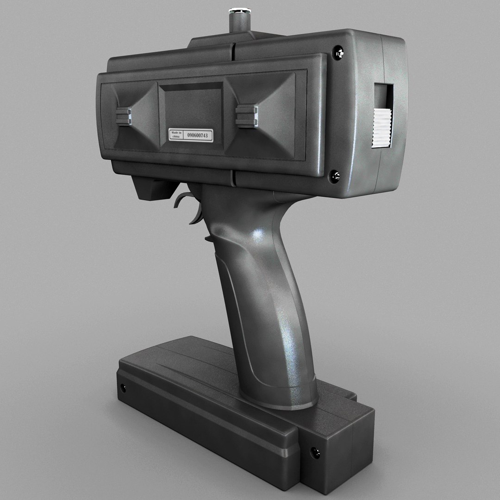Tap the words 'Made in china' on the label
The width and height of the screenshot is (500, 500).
pos(175,135)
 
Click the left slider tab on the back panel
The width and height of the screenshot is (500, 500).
pos(124,116)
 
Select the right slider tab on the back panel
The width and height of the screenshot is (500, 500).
pos(246,116)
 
